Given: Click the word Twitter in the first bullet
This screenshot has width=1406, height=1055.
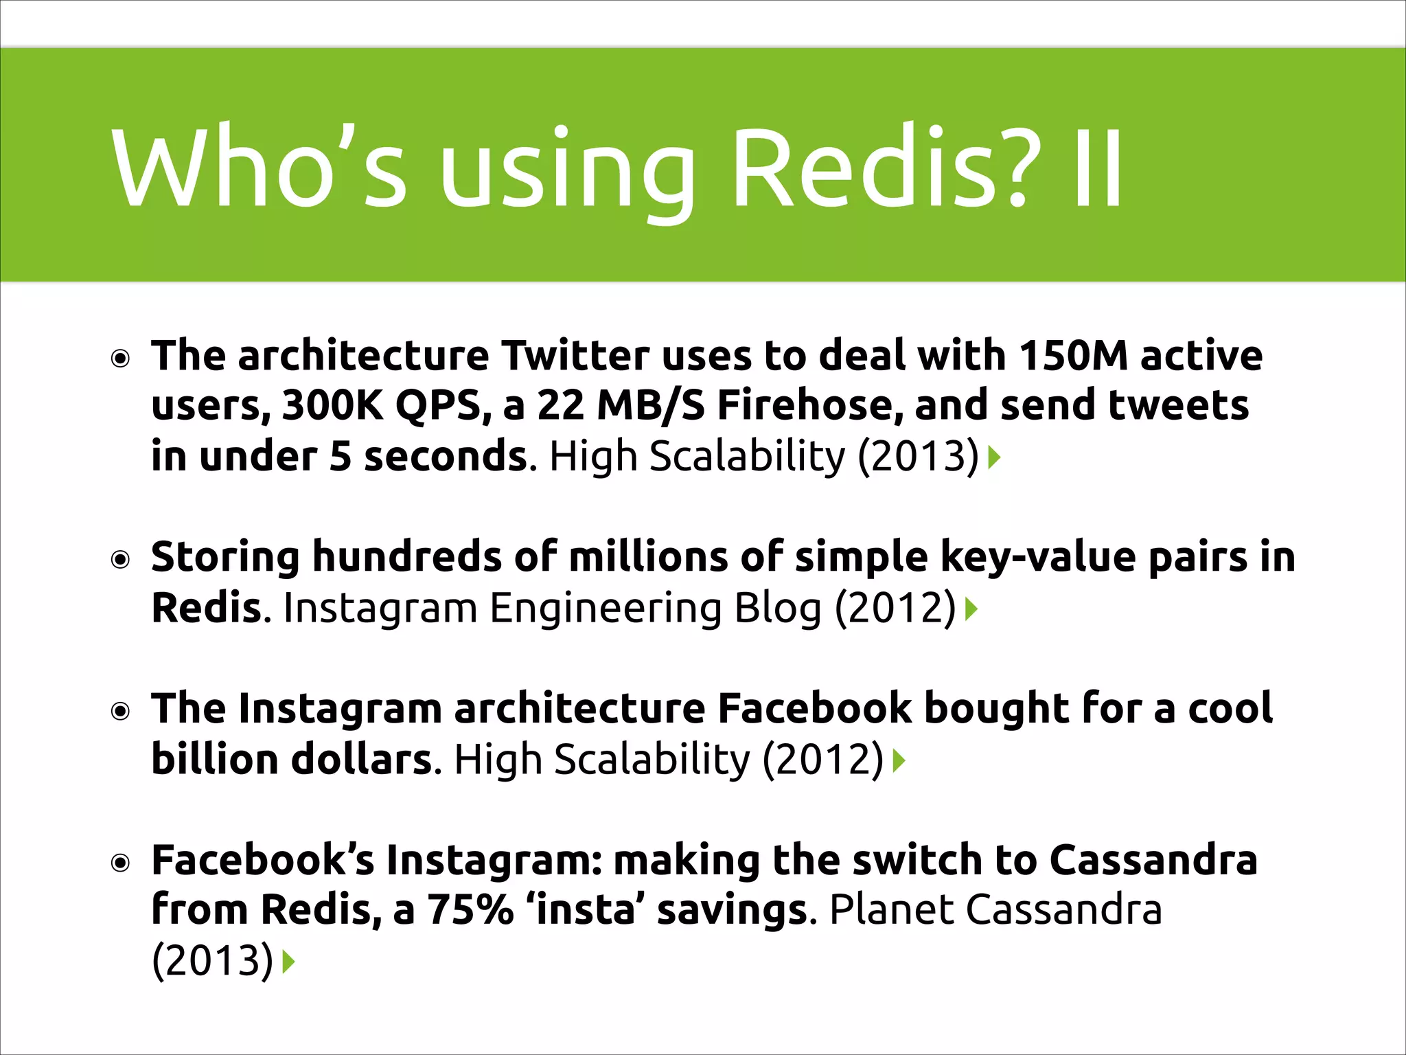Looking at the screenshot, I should click(x=575, y=356).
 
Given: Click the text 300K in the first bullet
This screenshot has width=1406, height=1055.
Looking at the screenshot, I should click(x=332, y=406).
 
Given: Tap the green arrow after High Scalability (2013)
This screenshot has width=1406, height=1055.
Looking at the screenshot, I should click(x=994, y=457).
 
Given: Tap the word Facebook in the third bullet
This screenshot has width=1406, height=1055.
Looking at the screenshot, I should click(x=815, y=709).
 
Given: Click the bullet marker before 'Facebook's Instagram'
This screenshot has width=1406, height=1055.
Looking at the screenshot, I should click(x=121, y=863).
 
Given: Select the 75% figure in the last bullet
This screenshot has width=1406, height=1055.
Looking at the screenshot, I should click(x=471, y=911).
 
